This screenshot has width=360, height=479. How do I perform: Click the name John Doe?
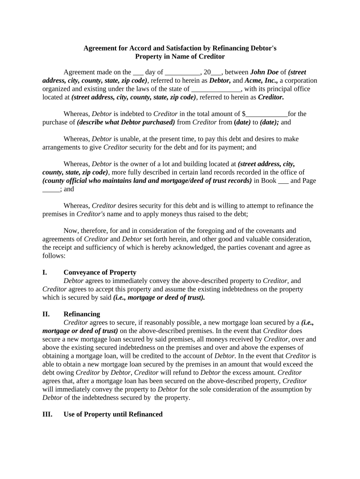[265, 72]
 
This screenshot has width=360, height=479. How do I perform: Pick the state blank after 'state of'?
[216, 89]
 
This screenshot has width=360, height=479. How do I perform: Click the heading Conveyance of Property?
[100, 272]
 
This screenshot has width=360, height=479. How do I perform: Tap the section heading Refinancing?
[81, 314]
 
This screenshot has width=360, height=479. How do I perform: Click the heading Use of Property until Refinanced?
[113, 414]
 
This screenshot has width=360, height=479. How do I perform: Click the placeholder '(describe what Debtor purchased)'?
[126, 122]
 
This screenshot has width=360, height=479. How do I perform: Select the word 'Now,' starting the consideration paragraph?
[71, 231]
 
